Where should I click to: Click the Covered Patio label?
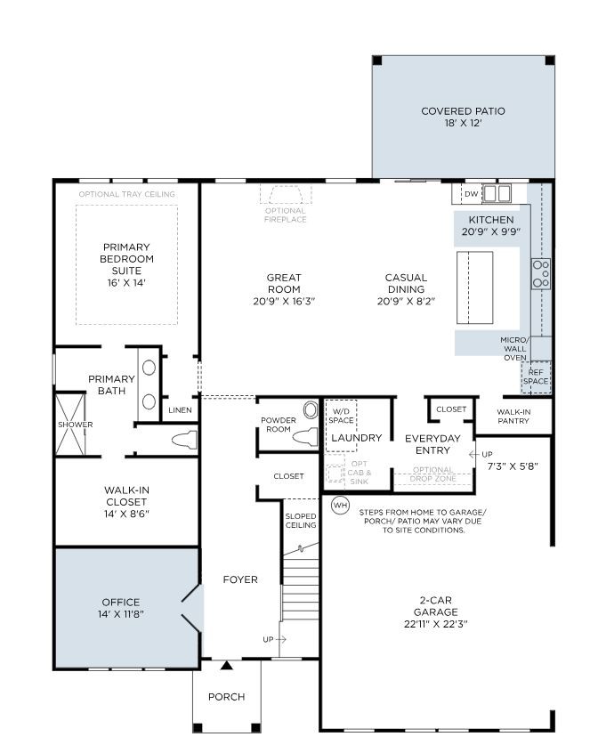click(x=463, y=111)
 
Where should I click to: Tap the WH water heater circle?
click(x=340, y=506)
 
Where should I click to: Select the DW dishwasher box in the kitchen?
click(x=471, y=193)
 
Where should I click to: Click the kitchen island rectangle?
click(x=475, y=287)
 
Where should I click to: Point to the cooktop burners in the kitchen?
click(x=540, y=273)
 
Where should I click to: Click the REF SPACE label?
click(x=536, y=377)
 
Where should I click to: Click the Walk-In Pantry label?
click(x=513, y=416)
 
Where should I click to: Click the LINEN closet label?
click(x=180, y=410)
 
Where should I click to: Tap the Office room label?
click(x=120, y=603)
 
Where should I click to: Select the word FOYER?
click(x=240, y=579)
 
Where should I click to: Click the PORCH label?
click(x=226, y=697)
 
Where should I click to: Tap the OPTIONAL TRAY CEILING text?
click(x=126, y=194)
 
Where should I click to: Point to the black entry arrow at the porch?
click(x=227, y=665)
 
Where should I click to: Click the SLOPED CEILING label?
click(x=301, y=521)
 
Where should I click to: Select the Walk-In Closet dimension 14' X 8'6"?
click(x=125, y=514)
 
